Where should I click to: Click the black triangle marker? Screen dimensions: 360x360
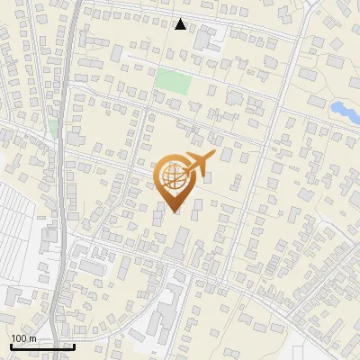coord(181,24)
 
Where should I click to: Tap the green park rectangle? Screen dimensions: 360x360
coord(172,81)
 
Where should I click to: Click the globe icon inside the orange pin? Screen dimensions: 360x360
coord(173,177)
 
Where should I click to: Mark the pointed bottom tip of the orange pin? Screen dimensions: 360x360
coord(174,212)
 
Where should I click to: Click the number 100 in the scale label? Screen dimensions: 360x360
coord(19,338)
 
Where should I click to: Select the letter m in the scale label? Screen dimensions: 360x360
coord(32,338)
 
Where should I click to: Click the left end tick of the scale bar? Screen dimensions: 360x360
coord(11,346)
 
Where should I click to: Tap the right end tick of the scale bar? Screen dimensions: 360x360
coord(74,346)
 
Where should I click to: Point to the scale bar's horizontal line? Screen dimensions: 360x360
coord(42,346)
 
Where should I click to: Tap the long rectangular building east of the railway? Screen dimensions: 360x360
coord(91,267)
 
